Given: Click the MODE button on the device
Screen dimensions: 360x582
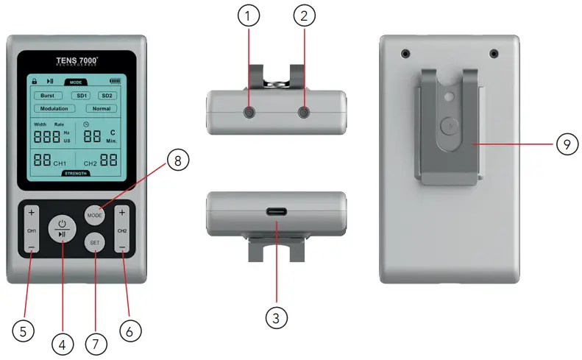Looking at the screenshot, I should (93, 216).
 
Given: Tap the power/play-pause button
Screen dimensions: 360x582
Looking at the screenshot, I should (63, 228).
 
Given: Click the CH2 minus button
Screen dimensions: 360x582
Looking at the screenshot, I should (122, 247).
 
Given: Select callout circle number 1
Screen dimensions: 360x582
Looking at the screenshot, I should (248, 15).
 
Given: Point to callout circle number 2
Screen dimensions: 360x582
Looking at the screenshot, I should (304, 15).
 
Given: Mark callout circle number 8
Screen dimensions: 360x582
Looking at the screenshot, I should (178, 160).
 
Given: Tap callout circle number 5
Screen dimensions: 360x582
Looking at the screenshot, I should (23, 331).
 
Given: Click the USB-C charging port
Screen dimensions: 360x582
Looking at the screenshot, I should (276, 213).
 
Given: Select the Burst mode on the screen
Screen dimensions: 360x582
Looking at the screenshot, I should (46, 96).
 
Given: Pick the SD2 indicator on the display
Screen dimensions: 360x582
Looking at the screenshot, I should (107, 96).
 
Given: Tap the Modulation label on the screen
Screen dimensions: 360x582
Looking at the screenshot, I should (54, 108).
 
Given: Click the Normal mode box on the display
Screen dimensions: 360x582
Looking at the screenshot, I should (101, 108).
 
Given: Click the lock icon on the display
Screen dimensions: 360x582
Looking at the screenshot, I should (34, 81).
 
